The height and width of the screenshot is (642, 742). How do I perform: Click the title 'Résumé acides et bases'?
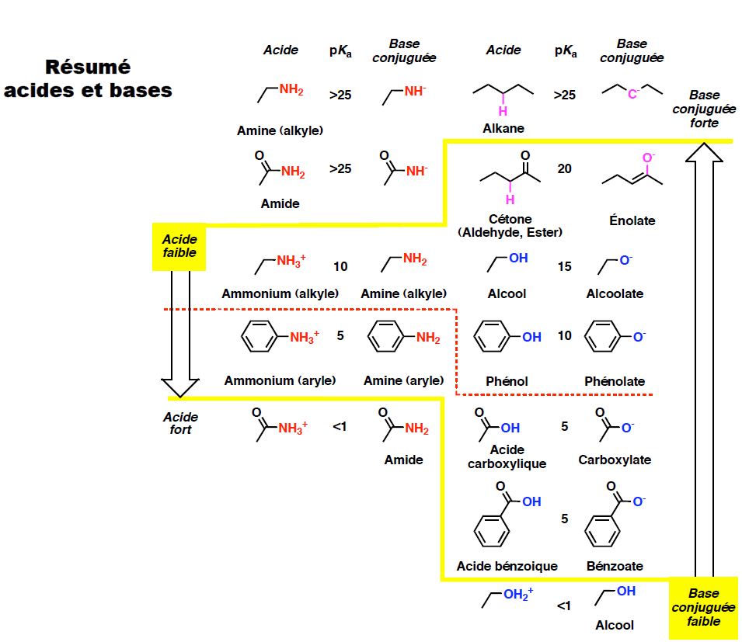tap(87, 78)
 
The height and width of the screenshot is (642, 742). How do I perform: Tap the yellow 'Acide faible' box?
tap(179, 247)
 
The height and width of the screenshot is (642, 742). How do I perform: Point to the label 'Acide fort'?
tap(180, 423)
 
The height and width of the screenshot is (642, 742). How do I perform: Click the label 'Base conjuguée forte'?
tap(704, 109)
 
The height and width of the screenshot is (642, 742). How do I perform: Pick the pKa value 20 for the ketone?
tap(564, 168)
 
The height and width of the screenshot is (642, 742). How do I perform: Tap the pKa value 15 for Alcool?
tap(564, 266)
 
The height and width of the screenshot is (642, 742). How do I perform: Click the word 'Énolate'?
tap(632, 220)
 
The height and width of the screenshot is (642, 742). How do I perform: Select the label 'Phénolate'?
tap(615, 381)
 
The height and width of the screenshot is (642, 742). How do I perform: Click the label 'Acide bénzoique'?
tap(507, 566)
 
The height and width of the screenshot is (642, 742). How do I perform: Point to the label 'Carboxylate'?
tap(615, 460)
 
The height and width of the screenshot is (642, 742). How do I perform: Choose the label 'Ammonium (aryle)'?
tap(280, 380)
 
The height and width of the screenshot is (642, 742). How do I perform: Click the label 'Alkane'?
tap(503, 128)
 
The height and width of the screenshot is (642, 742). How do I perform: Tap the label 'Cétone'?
tap(510, 220)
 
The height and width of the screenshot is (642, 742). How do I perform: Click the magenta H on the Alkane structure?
tap(503, 99)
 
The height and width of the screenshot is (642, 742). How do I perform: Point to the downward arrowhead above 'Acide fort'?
tap(179, 386)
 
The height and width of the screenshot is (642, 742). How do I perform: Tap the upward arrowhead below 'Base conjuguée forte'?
tap(704, 152)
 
